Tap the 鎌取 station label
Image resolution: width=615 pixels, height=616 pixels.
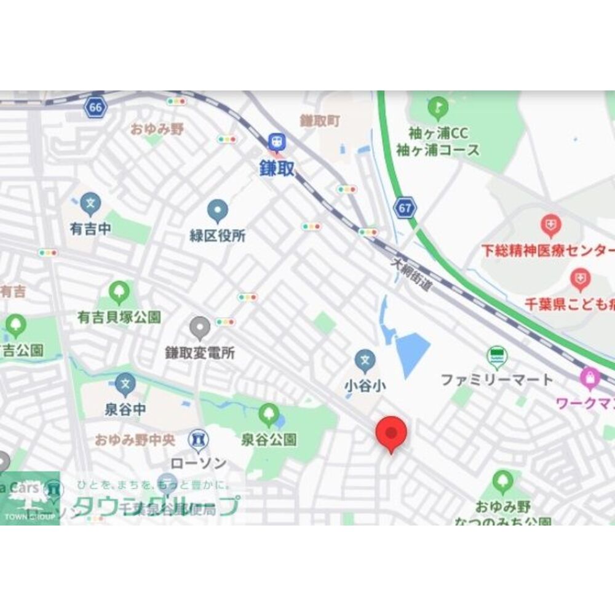coord(277,169)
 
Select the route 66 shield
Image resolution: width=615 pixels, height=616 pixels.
coord(95,108)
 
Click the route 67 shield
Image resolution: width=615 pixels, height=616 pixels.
coord(405,208)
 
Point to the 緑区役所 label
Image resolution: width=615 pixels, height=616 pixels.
coord(217,236)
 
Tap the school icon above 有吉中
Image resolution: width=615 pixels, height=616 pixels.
coord(90,202)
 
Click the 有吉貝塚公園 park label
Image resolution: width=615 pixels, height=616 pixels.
coord(119,317)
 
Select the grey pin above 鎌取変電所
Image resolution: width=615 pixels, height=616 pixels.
coord(200,328)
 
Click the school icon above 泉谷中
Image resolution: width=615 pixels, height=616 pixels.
coord(125,384)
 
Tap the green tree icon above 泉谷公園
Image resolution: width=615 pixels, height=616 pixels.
coord(269,415)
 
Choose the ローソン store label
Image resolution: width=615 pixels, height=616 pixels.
coord(198,463)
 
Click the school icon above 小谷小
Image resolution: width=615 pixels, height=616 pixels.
coord(365,360)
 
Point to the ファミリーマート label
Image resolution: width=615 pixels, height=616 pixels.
coord(497,380)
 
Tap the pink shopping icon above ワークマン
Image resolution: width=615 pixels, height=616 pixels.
coord(590,378)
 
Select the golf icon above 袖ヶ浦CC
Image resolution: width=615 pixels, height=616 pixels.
coord(438,108)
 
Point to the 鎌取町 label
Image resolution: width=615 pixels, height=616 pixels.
coord(320,121)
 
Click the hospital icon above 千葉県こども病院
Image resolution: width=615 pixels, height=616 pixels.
coord(580,279)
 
